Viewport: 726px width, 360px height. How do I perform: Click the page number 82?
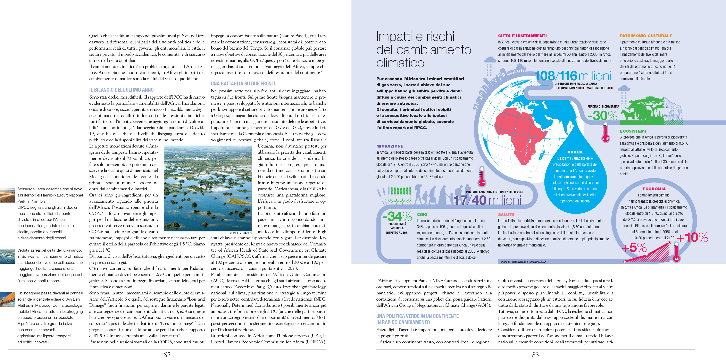(x=167, y=355)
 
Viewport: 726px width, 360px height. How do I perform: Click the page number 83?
(x=535, y=355)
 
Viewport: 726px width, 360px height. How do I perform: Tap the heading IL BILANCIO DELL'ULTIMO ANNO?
(x=121, y=90)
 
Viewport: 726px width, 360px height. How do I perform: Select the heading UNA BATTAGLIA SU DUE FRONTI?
(x=243, y=83)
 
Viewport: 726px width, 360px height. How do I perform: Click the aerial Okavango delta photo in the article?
(x=208, y=188)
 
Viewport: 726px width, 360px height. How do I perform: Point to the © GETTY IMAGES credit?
(x=241, y=233)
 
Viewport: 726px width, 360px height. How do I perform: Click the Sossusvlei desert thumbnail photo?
(x=7, y=195)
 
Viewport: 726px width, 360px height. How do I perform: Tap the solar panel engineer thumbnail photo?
(x=7, y=299)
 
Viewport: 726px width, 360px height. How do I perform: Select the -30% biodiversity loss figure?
(x=602, y=116)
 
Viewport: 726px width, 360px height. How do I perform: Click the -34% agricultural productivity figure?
(x=397, y=217)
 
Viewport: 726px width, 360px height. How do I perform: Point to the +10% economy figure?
(x=692, y=237)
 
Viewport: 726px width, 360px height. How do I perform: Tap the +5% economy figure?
(x=634, y=248)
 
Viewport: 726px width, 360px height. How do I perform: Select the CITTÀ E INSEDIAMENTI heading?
(x=522, y=36)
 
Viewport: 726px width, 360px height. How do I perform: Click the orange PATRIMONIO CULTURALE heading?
(x=646, y=36)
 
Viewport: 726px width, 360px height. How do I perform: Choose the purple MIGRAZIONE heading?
(x=390, y=146)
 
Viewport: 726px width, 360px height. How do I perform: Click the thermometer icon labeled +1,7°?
(x=482, y=176)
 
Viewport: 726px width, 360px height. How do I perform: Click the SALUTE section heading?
(x=506, y=215)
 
